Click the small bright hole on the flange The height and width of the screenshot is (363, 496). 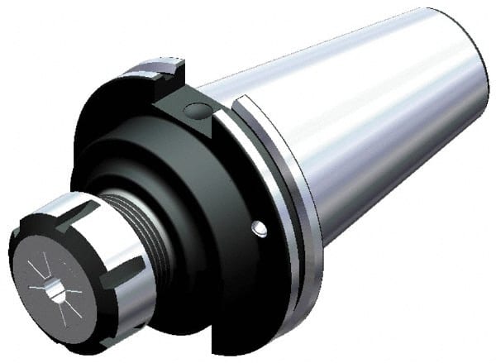(259, 227)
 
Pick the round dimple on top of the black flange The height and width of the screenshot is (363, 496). (195, 109)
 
